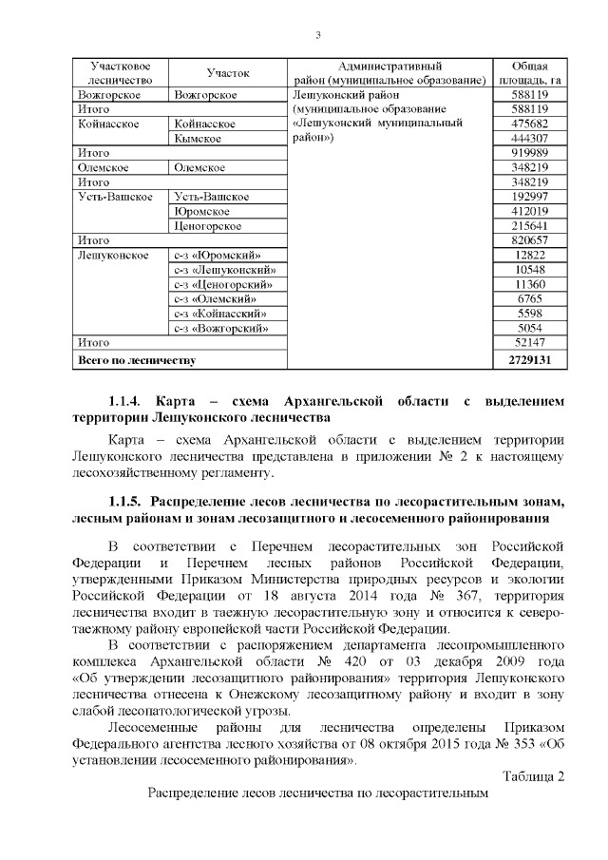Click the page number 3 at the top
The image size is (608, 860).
coord(318,36)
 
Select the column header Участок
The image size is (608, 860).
coord(227,73)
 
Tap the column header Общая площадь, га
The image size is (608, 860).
coord(529,73)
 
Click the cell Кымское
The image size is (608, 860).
coord(198,139)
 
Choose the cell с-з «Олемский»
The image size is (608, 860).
coord(217,298)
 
